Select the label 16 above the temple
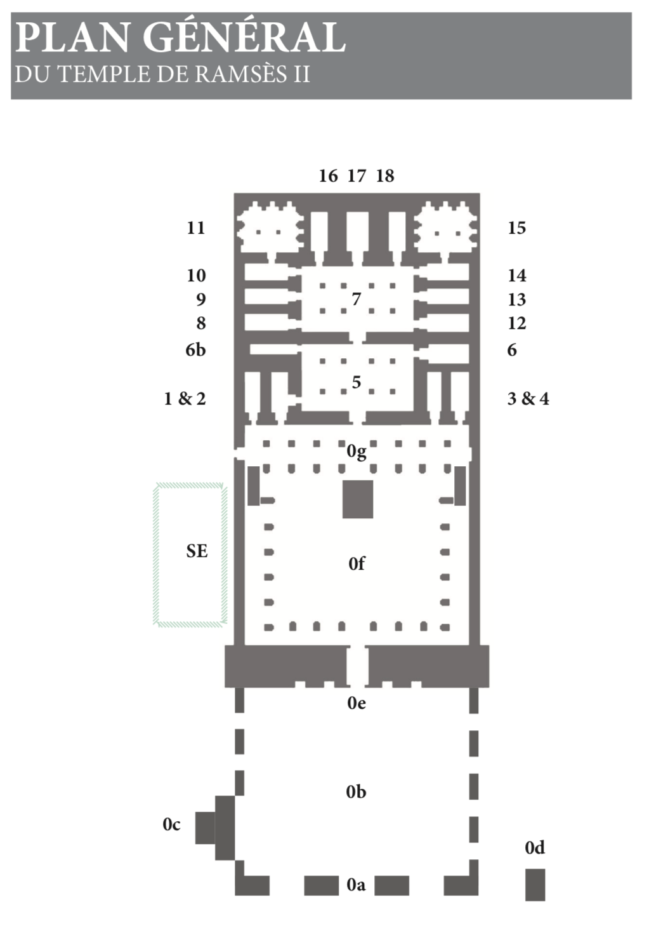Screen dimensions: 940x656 coord(328,176)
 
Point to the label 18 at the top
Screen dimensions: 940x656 coord(385,176)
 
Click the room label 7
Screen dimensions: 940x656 coord(357,299)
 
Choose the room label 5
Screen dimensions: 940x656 coord(357,382)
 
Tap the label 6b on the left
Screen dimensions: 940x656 coord(195,350)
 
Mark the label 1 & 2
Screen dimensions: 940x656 coord(185,399)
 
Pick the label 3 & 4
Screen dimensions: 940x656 coord(528,399)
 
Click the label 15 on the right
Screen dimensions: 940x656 coord(516,228)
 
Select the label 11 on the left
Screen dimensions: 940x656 coord(196,228)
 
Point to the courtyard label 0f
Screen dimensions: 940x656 coord(357,563)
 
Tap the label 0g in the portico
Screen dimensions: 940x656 coord(357,452)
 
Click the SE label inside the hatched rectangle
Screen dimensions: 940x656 coord(197,551)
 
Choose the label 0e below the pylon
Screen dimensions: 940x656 coord(357,703)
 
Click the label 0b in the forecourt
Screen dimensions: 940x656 coord(356,792)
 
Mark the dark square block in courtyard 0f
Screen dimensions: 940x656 coord(358,499)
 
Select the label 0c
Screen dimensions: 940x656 coord(171,824)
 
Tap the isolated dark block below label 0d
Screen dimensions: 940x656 coord(535,885)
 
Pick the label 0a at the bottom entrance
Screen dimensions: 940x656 coord(356,885)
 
